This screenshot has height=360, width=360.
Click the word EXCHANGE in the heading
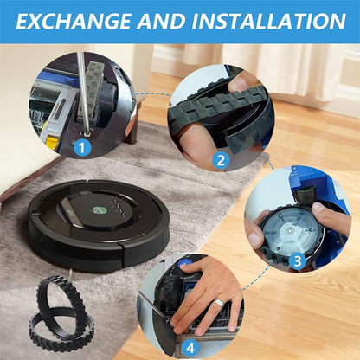tap(80, 21)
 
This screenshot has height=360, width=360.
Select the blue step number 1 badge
tap(83, 148)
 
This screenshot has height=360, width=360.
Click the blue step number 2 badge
tap(221, 159)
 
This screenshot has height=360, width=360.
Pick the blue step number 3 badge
tap(296, 259)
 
